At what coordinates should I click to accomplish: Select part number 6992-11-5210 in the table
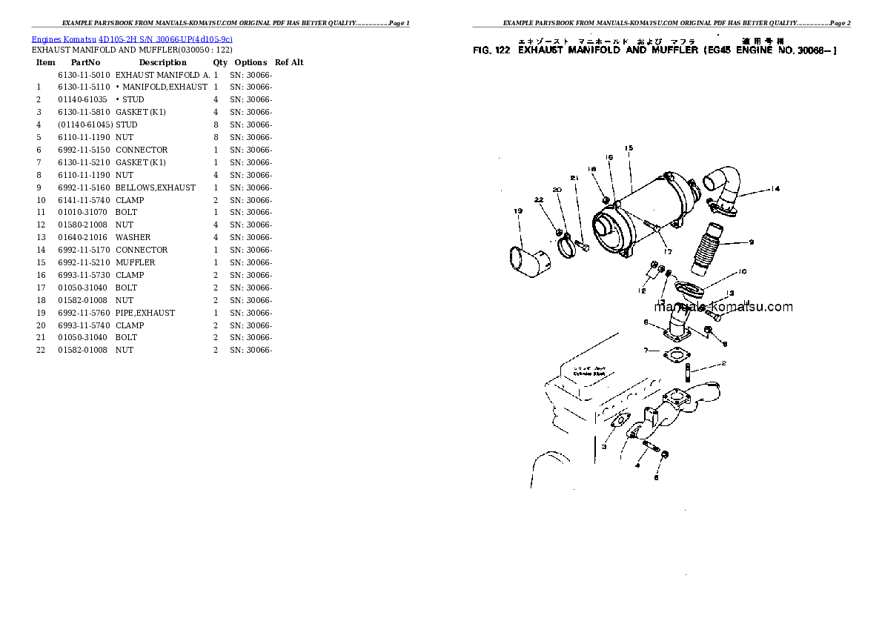click(x=84, y=262)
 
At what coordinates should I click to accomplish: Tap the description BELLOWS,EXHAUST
click(x=156, y=187)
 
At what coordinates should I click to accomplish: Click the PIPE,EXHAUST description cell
click(x=145, y=313)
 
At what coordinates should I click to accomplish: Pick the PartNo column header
click(x=85, y=62)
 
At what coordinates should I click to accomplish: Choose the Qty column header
click(x=220, y=62)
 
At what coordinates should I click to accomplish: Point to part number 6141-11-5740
click(x=84, y=200)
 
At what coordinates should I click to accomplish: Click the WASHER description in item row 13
click(x=133, y=237)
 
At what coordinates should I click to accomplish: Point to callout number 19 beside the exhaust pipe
click(x=518, y=211)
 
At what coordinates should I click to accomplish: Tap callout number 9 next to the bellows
click(x=751, y=242)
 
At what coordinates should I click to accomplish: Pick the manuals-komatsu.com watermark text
click(x=723, y=307)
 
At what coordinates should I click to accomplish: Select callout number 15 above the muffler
click(x=629, y=148)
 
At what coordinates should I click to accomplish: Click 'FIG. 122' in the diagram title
click(x=492, y=50)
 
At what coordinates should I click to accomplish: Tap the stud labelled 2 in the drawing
click(x=689, y=368)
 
